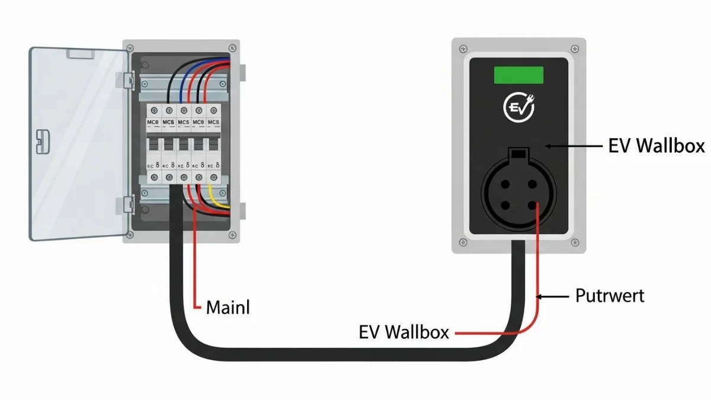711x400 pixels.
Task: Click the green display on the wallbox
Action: click(518, 75)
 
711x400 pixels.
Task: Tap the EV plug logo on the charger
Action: click(519, 108)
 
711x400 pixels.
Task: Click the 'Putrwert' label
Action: click(610, 295)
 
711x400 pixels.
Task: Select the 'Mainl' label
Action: click(228, 308)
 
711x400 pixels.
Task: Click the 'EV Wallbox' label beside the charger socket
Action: click(656, 146)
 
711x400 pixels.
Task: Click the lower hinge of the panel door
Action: click(127, 204)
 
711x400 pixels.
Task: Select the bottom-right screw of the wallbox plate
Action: click(574, 242)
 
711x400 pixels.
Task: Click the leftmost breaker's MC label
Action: click(153, 122)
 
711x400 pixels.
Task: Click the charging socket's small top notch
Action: click(518, 154)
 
